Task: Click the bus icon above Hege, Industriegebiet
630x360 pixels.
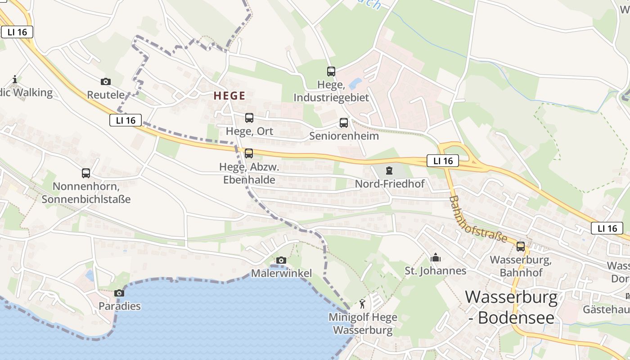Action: [331, 71]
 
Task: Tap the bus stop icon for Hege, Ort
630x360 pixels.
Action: [249, 118]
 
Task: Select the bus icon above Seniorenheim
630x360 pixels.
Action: [344, 122]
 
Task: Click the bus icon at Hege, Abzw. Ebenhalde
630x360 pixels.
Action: [248, 153]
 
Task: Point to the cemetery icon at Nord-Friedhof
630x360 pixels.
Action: [389, 171]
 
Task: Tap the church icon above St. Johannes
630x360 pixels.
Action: [435, 258]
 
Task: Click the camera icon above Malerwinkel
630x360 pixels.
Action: [281, 260]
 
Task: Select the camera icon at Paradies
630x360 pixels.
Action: [119, 293]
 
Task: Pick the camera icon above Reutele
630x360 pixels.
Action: [106, 81]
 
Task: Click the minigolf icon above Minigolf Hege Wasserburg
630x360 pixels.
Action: [363, 304]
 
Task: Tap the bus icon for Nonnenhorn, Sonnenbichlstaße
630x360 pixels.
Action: [86, 173]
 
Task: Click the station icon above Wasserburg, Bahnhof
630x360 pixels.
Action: [521, 247]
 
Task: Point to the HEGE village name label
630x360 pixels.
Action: [229, 95]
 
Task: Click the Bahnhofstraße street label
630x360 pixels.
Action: [478, 219]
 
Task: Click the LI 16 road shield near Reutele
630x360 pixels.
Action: [126, 120]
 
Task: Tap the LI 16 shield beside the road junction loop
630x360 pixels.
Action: [443, 161]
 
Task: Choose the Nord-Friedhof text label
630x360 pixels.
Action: [389, 184]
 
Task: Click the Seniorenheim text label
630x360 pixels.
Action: [344, 136]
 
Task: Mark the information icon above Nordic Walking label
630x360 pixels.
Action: [15, 80]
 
